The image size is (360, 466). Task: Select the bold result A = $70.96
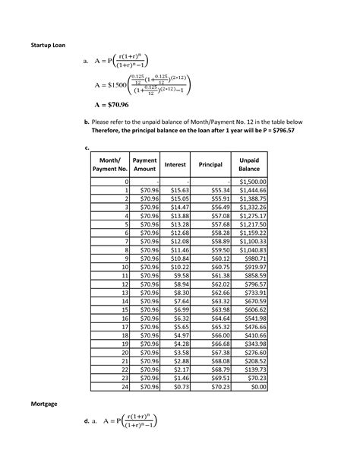coord(115,106)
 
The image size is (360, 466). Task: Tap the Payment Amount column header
coord(144,165)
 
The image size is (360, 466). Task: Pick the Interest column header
coord(176,165)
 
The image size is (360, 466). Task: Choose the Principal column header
coord(210,165)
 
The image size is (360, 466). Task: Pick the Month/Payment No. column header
coord(109,165)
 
